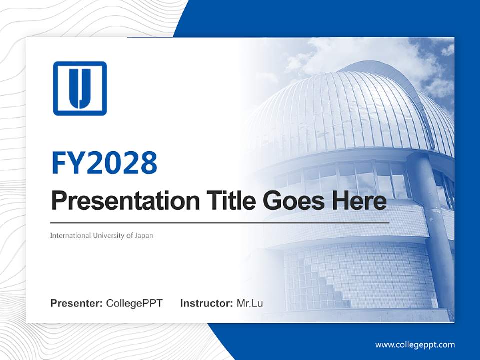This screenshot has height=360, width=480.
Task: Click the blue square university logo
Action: click(80, 88)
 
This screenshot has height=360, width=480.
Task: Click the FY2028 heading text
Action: click(104, 163)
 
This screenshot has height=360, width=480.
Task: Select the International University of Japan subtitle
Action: click(101, 235)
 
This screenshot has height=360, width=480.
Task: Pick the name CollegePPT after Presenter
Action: click(134, 303)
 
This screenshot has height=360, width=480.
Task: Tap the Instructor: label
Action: click(206, 303)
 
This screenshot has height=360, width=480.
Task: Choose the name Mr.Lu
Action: click(249, 303)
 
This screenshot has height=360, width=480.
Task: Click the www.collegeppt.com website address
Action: click(415, 344)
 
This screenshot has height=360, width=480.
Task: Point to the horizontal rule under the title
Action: click(220, 222)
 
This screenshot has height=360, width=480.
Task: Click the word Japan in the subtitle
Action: click(144, 235)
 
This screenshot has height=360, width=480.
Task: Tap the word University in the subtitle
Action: click(109, 235)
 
